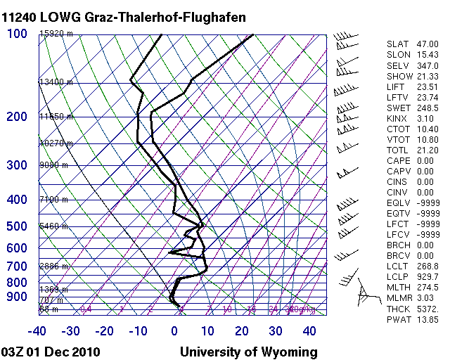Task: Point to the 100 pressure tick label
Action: coord(17,33)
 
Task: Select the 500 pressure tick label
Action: coord(17,226)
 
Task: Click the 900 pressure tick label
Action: coord(17,297)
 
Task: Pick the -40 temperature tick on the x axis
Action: coord(37,330)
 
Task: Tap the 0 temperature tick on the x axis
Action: coord(174,330)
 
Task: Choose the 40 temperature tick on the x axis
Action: coord(309,330)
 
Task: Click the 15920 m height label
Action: coord(56,33)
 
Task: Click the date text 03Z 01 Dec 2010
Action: coord(51,352)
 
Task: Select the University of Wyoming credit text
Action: coord(249,352)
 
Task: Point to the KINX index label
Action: coord(397,119)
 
